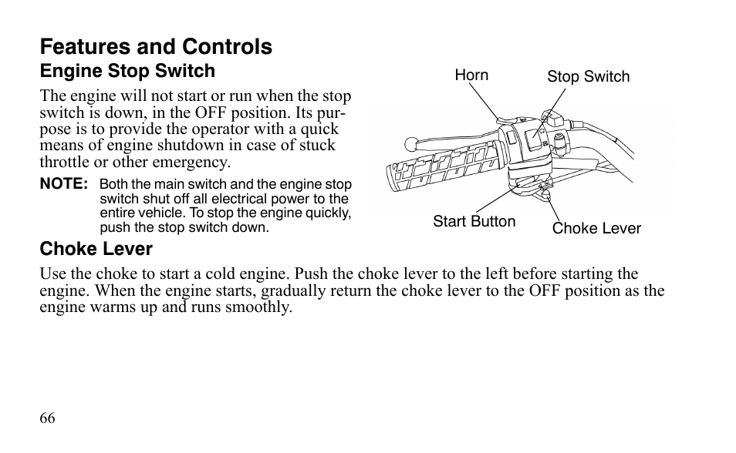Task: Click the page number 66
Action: coord(47,418)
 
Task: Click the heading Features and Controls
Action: coord(156,47)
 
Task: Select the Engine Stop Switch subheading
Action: coord(127,72)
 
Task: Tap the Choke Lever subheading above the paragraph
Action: coord(96,249)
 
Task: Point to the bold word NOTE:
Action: coord(64,184)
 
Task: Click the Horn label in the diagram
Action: coord(471,75)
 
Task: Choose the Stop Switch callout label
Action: coord(588,76)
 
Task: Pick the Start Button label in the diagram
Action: coord(474,222)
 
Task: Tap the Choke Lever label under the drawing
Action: coord(596,228)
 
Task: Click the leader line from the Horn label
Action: coord(485,101)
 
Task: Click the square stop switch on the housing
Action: coord(534,139)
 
